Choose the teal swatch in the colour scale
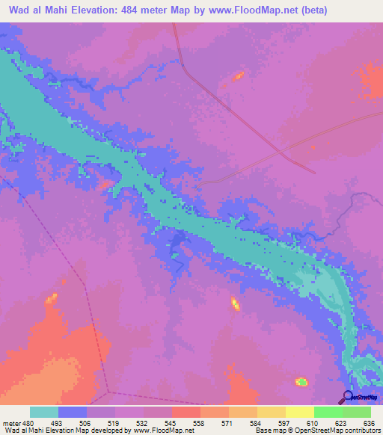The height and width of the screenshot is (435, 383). pos(44,413)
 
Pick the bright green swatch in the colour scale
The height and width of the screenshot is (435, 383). pos(328,413)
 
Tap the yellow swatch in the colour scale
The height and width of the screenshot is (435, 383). pos(271,413)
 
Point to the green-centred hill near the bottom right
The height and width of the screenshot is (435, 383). pos(301,382)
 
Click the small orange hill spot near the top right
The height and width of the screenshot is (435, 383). pos(239,75)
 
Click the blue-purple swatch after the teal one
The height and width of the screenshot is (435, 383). pos(73,413)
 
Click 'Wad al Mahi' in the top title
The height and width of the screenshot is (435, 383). pos(34,11)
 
